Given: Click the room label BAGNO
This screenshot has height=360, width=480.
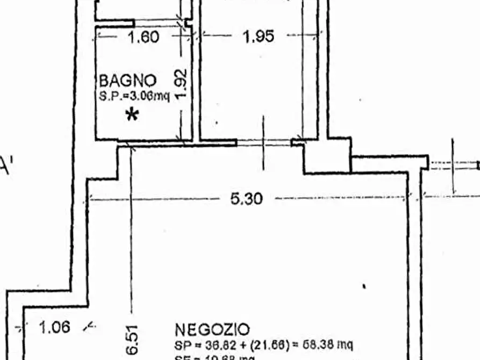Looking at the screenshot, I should [x=128, y=81].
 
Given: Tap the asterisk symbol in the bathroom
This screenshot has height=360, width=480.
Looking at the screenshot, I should [x=132, y=114].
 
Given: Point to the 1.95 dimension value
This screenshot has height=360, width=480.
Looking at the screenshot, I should [x=259, y=37].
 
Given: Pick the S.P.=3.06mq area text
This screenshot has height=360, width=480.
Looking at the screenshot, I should [x=134, y=97].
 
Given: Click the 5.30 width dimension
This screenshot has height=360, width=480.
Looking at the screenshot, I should [x=247, y=199].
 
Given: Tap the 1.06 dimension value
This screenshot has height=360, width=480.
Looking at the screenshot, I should [x=55, y=327].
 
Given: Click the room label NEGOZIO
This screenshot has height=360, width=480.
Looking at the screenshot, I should [x=212, y=329].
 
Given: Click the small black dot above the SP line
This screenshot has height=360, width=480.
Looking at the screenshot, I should [x=364, y=286].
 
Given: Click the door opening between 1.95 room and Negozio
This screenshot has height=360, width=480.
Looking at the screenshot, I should [x=263, y=143].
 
